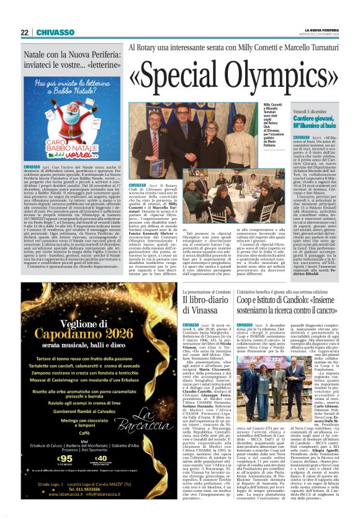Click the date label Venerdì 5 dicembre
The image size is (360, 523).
pyautogui.click(x=312, y=109)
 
